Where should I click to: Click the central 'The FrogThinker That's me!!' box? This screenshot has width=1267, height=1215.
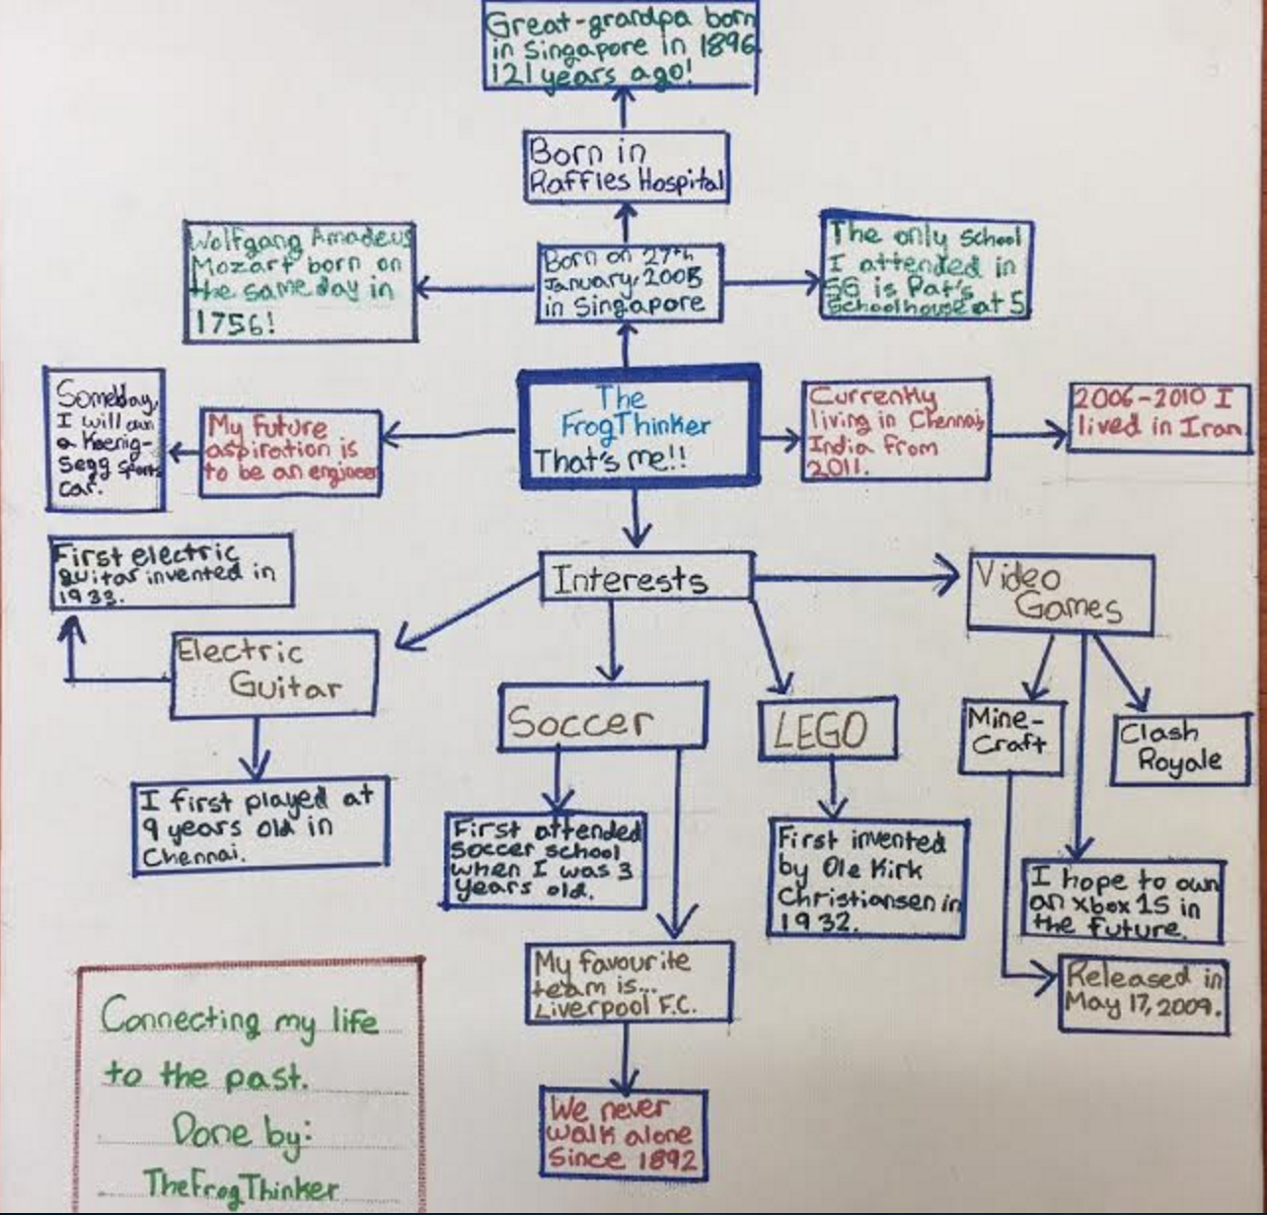[x=638, y=428]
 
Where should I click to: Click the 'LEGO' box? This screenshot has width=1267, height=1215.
[x=827, y=730]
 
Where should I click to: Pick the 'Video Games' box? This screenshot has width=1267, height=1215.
[x=1060, y=592]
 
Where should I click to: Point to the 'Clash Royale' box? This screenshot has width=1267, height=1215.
[x=1179, y=748]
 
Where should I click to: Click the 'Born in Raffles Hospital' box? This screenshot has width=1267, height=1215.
[x=627, y=167]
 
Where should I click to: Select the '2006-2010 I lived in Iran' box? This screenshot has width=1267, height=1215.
[x=1157, y=414]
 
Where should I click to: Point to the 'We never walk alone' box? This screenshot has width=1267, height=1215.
[x=623, y=1132]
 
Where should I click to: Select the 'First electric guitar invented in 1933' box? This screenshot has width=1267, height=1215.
[x=171, y=571]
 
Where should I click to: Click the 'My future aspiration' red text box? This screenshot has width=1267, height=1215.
[x=291, y=450]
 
